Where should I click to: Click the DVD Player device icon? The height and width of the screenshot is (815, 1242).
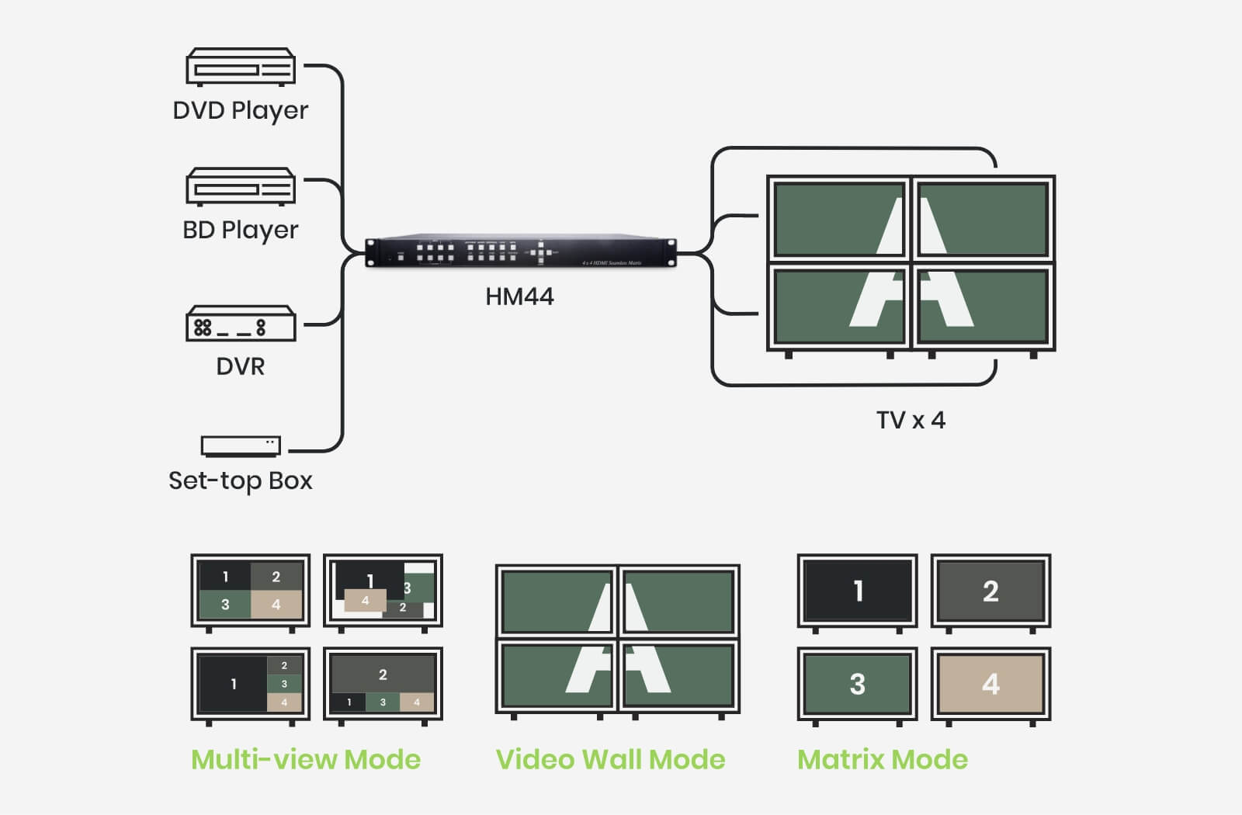coord(241,67)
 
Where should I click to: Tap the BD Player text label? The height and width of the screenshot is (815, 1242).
coord(241,230)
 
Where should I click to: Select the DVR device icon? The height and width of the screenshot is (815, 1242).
coord(241,324)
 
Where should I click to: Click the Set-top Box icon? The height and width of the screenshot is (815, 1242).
coord(241,446)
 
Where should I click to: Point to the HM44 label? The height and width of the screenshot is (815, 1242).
coord(519,297)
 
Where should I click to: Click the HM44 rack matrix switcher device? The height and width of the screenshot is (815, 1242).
coord(520,251)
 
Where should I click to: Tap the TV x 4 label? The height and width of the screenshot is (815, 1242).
coord(911,420)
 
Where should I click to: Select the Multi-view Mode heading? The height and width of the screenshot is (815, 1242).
coord(306,759)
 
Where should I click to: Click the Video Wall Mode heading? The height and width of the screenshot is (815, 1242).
coord(610,759)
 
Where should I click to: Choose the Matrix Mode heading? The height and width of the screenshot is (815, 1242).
coord(883,759)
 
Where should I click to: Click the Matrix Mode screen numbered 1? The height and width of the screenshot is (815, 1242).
coord(858,591)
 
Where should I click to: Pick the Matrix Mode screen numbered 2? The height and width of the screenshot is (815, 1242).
coord(990,591)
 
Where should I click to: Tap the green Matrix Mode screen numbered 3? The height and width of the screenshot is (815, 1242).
coord(858,684)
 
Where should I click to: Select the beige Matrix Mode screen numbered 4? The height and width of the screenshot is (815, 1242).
coord(990,684)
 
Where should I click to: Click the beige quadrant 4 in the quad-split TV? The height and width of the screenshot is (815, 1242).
coord(276,605)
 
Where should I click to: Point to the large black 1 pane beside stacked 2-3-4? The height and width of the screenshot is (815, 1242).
coord(233,684)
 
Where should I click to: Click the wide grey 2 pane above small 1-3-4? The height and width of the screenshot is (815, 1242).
coord(383,674)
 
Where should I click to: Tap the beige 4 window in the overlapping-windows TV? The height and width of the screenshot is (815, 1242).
coord(364,600)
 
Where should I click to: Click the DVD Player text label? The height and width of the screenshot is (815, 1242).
coord(241,110)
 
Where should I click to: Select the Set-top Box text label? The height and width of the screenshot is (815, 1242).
coord(241,480)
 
